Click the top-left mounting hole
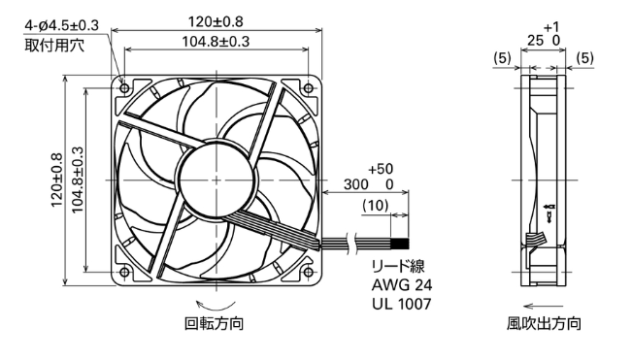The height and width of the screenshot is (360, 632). point(124,87)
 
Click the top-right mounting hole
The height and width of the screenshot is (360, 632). point(308,87)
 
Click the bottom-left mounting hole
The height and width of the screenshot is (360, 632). point(124,273)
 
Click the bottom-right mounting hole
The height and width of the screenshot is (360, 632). point(308,273)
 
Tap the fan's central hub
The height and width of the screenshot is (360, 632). point(216,180)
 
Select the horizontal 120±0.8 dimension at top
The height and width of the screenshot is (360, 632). point(216,21)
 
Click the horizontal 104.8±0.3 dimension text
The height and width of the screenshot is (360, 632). point(216,41)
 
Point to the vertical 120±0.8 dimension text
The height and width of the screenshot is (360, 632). point(57,180)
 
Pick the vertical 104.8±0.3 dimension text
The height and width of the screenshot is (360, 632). point(77,180)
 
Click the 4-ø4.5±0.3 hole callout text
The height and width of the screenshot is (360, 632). point(62,26)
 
